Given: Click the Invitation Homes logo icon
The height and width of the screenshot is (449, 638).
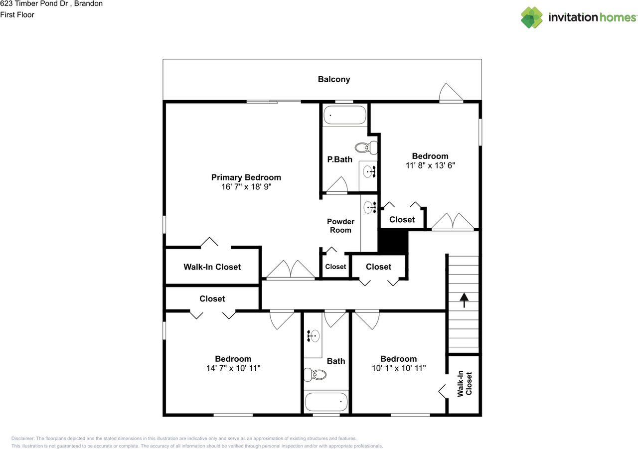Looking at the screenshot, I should (532, 17).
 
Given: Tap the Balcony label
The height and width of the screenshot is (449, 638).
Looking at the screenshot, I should (334, 79).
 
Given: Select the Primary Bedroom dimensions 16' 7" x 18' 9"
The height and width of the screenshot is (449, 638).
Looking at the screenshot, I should (246, 187).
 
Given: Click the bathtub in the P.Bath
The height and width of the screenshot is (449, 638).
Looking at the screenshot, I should (344, 116).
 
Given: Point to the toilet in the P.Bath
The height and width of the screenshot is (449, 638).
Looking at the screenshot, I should (367, 148).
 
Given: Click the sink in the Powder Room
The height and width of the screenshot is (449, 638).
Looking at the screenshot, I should (370, 207).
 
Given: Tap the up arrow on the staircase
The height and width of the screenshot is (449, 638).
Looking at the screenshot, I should (464, 300).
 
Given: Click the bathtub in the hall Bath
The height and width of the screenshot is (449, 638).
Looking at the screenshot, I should (326, 401).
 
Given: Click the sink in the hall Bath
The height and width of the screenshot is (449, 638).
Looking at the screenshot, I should (313, 336).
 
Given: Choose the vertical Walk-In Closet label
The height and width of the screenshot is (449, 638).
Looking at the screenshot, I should (464, 383).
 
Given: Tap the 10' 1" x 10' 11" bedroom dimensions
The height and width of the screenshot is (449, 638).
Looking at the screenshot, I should (398, 368).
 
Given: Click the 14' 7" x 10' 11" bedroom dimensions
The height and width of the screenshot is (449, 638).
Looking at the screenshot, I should (233, 368).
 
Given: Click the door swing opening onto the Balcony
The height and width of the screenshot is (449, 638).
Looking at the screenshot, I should (451, 93).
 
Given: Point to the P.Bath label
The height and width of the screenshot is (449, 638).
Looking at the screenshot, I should (339, 159).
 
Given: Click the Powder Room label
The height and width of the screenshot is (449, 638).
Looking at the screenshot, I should (340, 226).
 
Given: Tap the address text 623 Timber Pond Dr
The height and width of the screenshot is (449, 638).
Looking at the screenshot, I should (34, 4).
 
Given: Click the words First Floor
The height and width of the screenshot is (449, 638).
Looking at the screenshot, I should (17, 15).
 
